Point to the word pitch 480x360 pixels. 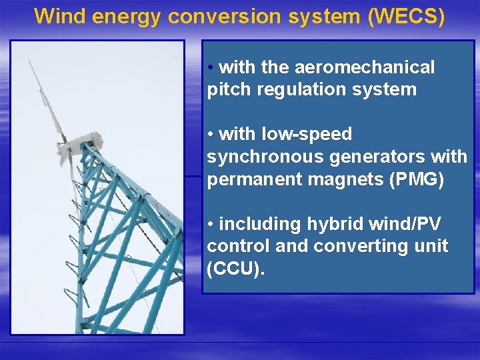[227, 89]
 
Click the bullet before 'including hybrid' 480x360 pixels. [211, 223]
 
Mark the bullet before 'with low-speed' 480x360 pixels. [211, 134]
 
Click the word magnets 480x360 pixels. [346, 179]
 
